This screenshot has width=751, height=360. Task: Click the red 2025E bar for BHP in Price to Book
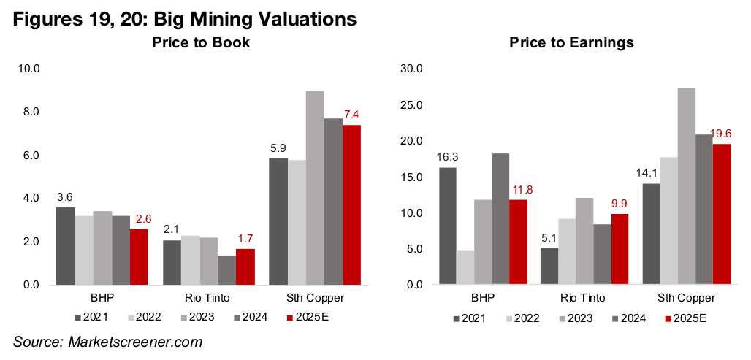(140, 256)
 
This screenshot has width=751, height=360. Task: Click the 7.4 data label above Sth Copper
(352, 115)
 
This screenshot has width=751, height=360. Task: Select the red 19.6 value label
(722, 134)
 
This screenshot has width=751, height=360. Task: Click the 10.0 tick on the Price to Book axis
(32, 69)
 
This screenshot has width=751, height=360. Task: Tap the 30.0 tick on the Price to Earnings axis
(411, 69)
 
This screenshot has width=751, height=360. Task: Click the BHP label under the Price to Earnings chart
(483, 299)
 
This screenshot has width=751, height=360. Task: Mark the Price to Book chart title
(201, 42)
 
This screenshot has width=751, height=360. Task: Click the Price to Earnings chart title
(571, 42)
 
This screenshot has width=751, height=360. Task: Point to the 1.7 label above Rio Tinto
(245, 238)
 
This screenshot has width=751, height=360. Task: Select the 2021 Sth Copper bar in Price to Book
(278, 221)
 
